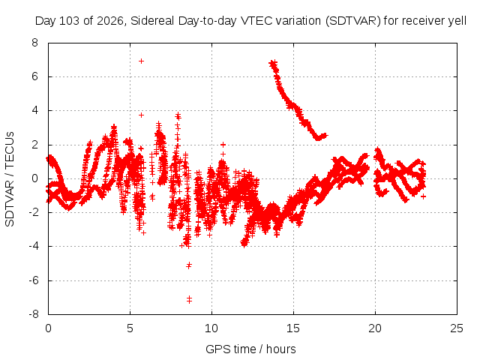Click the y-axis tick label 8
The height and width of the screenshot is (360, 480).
click(x=35, y=43)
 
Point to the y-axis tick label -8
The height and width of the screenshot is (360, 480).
click(x=33, y=314)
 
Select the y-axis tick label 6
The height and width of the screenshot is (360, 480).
click(x=35, y=76)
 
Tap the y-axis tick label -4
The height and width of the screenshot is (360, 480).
click(x=33, y=246)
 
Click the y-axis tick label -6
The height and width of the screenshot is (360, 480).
click(x=33, y=280)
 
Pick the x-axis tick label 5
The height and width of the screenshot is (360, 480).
click(x=130, y=328)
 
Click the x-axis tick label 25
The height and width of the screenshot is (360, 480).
click(x=457, y=328)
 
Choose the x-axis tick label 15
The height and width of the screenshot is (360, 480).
click(x=293, y=328)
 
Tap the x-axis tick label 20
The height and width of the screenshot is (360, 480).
click(x=375, y=328)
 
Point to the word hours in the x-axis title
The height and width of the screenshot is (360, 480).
click(x=281, y=349)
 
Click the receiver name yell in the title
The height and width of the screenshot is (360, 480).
click(x=457, y=21)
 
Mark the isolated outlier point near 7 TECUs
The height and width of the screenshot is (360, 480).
click(x=141, y=61)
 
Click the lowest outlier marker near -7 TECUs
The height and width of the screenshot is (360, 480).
click(x=189, y=299)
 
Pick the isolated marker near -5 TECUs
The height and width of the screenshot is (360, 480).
click(x=189, y=265)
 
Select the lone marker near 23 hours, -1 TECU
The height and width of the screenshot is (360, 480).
click(x=423, y=196)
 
